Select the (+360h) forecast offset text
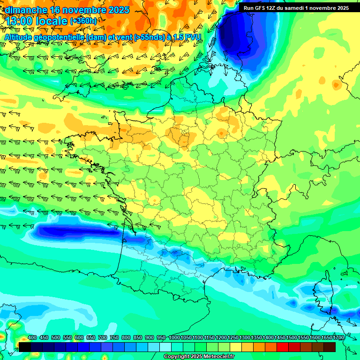pos(83,21)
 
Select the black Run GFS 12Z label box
pos(296,8)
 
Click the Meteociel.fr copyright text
pos(199,357)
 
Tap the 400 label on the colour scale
pos(32,338)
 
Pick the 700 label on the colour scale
pos(102,338)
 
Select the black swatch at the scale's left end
pos(25,347)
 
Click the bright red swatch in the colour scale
pos(283,347)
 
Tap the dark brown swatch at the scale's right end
pos(330,347)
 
